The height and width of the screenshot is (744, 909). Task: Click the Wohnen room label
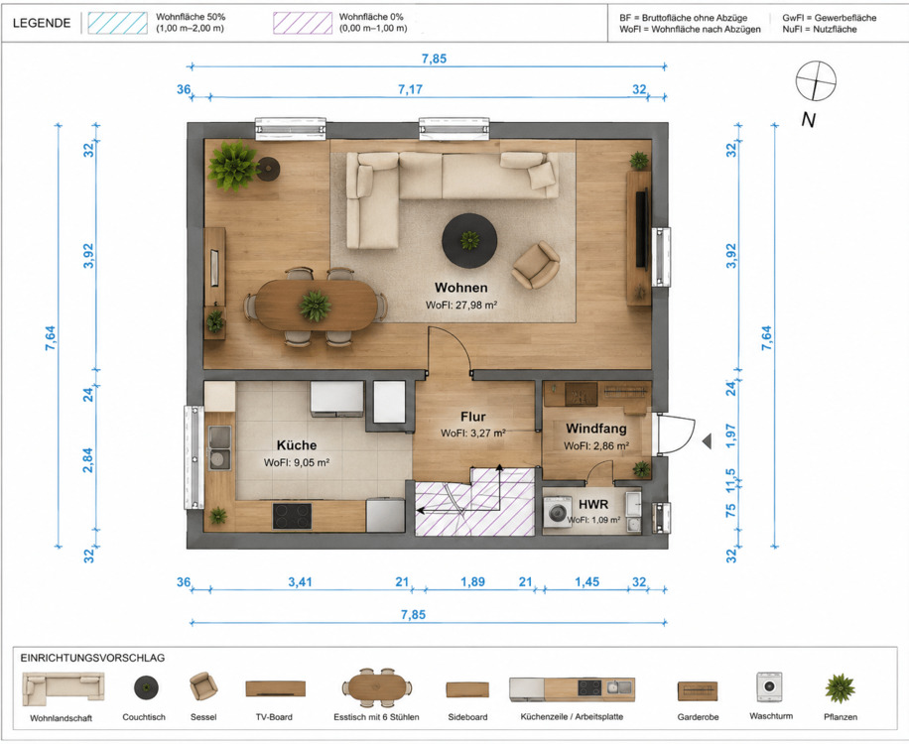pos(460,288)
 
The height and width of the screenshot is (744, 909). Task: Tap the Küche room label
pos(297,445)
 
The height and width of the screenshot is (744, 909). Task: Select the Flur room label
pos(473,417)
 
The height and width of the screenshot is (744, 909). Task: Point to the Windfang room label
pos(596,429)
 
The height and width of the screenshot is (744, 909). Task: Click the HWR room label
pos(593,505)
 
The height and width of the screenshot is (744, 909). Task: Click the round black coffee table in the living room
pos(469,240)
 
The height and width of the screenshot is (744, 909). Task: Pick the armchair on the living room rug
pos(536,265)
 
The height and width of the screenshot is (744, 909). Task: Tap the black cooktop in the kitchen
pos(292,516)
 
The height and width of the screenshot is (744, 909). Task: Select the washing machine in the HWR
pos(558,512)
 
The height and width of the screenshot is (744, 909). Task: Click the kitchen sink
pos(219,448)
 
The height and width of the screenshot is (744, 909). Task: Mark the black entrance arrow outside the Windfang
pos(707,441)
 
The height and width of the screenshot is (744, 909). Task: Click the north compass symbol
pos(815,80)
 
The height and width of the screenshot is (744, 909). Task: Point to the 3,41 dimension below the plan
pos(301,581)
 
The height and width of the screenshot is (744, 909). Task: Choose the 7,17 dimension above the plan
pos(411,89)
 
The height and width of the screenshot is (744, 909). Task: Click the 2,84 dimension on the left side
pos(87,460)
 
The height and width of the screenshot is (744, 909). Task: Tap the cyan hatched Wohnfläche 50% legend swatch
pos(118,23)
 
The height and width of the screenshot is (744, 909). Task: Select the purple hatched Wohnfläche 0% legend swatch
pos(303,23)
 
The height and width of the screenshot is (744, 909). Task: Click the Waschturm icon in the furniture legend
pos(770,687)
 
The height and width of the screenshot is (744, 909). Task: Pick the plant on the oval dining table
pos(316,306)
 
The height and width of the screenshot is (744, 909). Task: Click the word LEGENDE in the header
pos(42,23)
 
